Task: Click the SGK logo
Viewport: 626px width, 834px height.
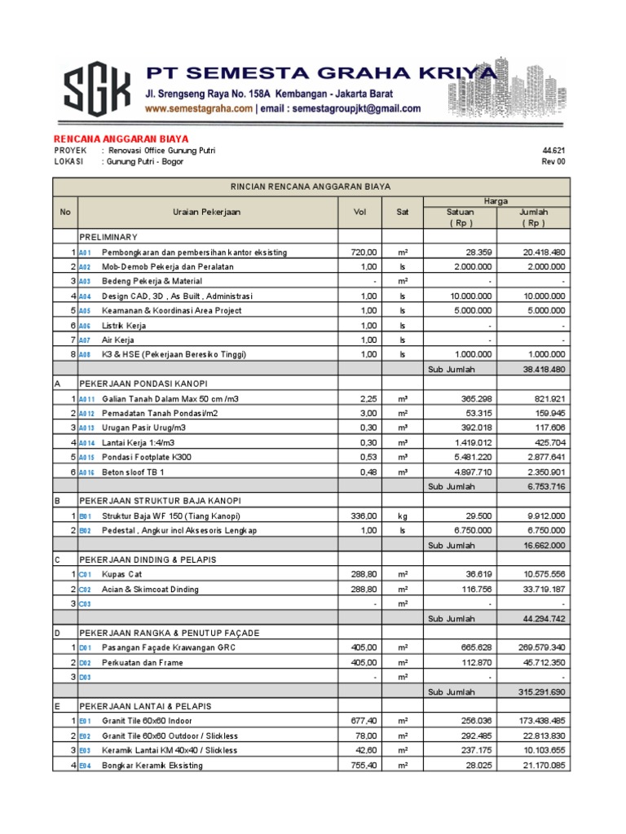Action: point(96,90)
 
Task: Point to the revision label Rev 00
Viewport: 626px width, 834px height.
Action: point(553,162)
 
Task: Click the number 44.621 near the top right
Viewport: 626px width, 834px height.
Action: point(553,151)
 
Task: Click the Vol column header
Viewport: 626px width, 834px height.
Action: point(361,212)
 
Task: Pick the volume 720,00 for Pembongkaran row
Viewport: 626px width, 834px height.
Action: point(360,252)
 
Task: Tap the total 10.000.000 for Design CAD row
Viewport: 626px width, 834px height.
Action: point(544,296)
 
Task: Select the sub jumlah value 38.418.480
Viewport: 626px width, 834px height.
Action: point(544,369)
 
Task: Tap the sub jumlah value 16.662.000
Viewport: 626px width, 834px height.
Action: point(544,545)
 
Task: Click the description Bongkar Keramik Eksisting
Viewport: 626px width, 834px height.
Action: point(152,765)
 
